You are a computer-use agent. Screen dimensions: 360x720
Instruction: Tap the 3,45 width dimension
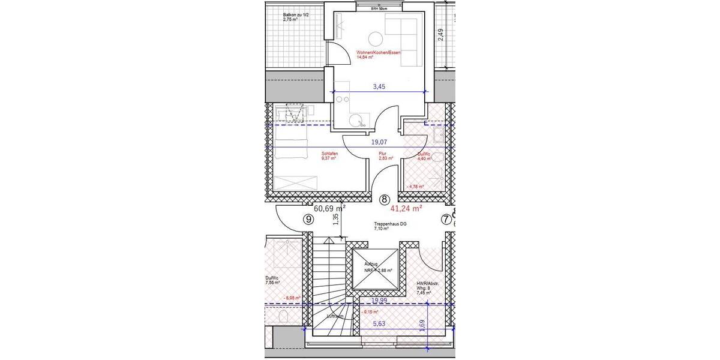(379, 86)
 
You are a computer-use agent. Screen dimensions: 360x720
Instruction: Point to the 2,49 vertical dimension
(441, 35)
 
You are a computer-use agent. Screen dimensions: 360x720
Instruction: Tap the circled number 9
(308, 220)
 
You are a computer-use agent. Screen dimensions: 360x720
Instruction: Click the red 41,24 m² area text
(406, 209)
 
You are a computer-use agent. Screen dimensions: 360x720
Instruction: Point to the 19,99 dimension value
(378, 300)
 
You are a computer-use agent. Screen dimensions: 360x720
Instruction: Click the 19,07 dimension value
(379, 143)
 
